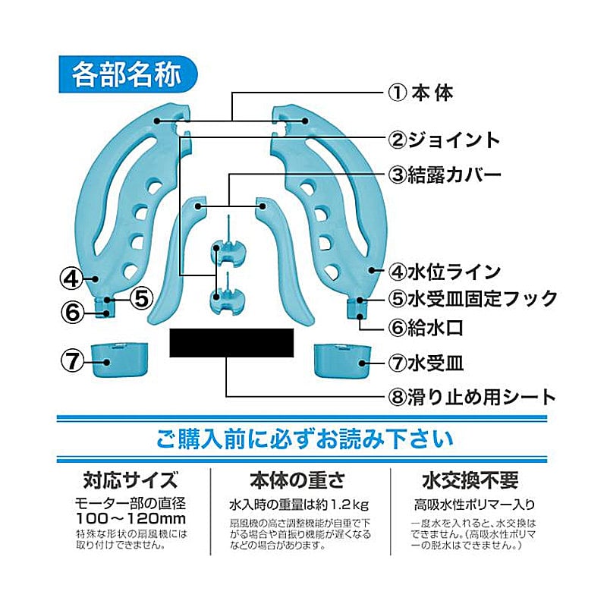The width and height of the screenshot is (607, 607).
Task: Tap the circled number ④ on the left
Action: [x=71, y=278]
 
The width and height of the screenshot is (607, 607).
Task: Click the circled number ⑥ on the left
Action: [x=71, y=310]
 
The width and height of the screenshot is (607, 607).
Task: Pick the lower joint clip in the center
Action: [x=225, y=299]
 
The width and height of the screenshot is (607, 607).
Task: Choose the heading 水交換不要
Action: [x=470, y=481]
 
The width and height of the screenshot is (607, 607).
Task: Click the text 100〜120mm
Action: [x=131, y=518]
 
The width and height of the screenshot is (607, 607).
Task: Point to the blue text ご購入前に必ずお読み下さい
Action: [x=303, y=439]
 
